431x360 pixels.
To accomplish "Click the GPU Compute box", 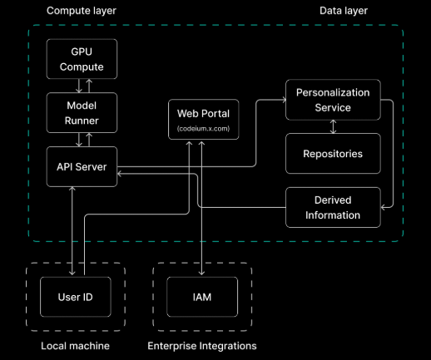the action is [82, 59].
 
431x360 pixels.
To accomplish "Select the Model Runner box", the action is [82, 113].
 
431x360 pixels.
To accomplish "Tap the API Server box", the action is [82, 166].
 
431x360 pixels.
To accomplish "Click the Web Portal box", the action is [204, 120].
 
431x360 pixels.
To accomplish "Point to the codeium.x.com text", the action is [204, 129].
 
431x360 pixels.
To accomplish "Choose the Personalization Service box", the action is [333, 100].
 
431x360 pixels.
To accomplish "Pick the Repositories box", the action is [333, 154].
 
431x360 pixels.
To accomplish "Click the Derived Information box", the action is [333, 208].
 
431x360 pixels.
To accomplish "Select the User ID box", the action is [76, 297].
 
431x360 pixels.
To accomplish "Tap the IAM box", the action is [202, 297].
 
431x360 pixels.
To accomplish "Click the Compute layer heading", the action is [82, 11].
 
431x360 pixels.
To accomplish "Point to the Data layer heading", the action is [344, 11].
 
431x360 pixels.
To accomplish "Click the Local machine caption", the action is [75, 346].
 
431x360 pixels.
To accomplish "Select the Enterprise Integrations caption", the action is [202, 346].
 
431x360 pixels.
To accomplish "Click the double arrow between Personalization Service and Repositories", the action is [333, 126].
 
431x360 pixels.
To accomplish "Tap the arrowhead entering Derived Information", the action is [383, 207].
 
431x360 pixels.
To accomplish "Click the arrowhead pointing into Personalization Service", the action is [284, 100].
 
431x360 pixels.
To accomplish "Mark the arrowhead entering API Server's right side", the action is [120, 174].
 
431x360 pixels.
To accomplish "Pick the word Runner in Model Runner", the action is [82, 121].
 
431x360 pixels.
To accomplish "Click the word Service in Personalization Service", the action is [333, 108].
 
